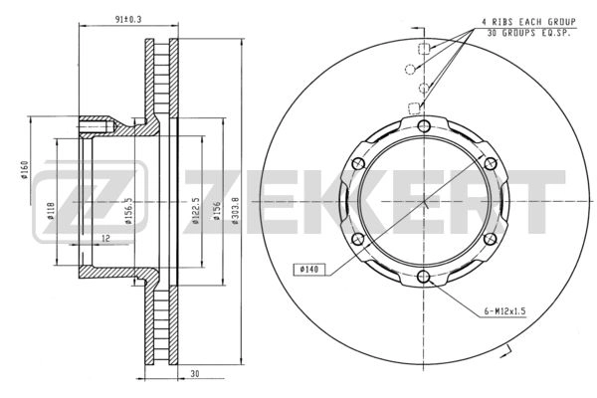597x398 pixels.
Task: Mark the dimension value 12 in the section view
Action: (x=105, y=238)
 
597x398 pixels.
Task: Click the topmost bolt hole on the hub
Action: (x=424, y=125)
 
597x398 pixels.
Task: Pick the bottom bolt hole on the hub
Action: (x=424, y=277)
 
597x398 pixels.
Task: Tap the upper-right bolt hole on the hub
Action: (x=490, y=163)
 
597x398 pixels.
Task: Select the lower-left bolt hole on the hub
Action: (x=358, y=239)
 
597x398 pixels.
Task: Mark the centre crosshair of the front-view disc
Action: (x=424, y=201)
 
